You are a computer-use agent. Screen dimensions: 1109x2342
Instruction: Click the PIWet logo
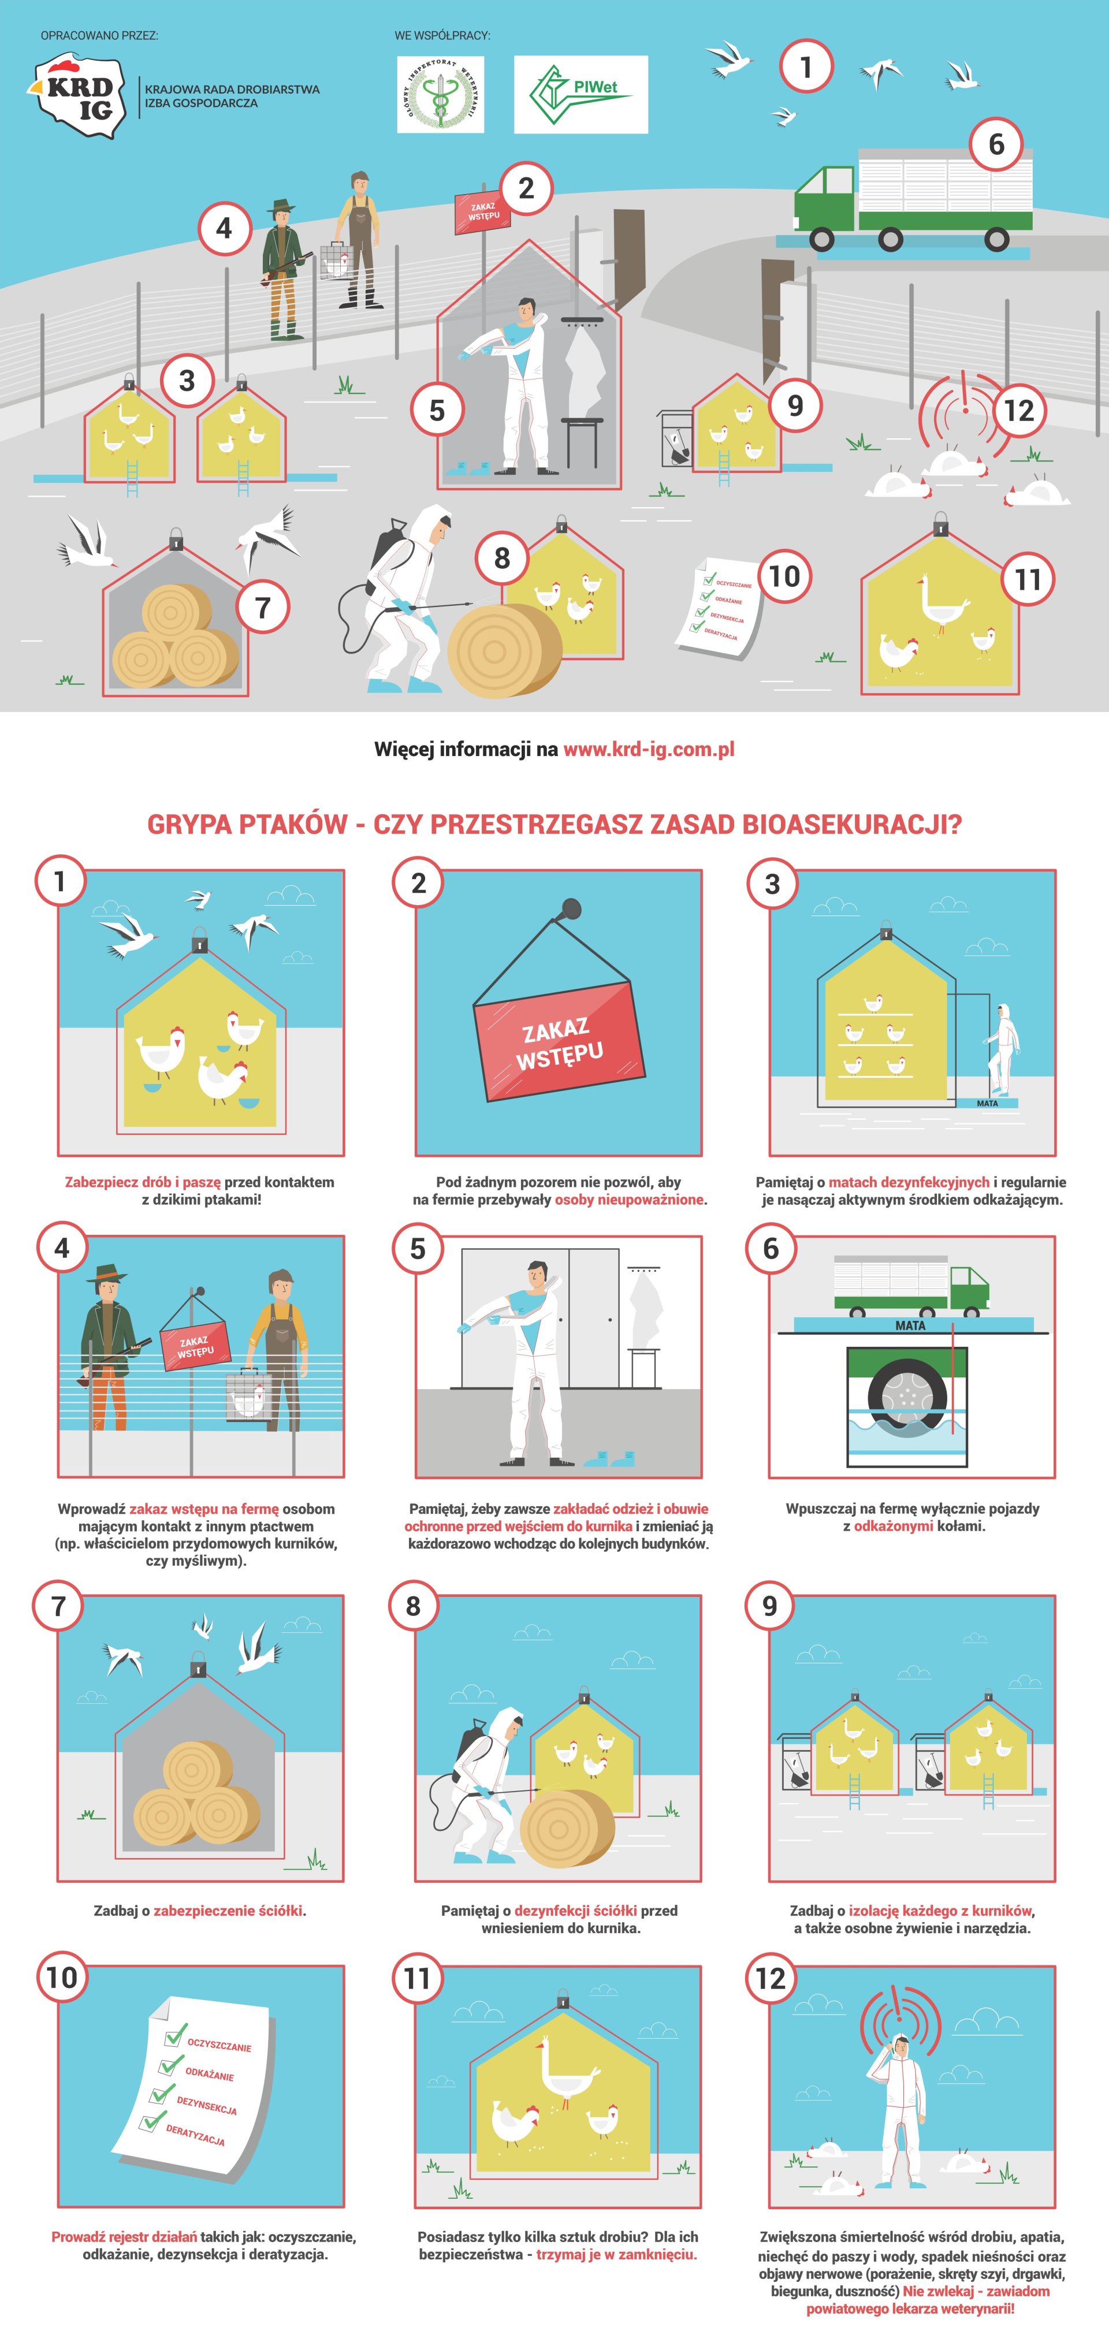point(581,95)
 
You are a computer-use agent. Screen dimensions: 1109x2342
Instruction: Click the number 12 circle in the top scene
point(1019,410)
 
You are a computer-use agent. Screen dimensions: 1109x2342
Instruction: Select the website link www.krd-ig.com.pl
point(649,750)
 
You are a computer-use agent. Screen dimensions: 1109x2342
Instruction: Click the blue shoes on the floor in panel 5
point(609,1459)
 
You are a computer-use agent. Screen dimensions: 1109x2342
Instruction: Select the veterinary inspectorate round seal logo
point(441,95)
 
